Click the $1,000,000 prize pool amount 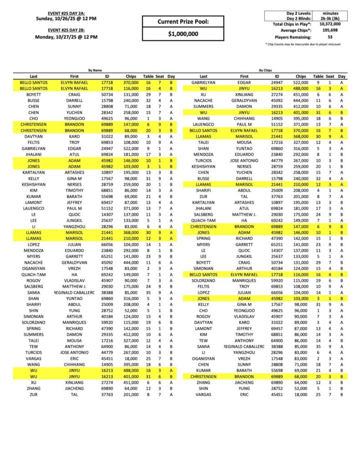[x=183, y=34]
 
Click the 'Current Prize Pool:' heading [x=183, y=21]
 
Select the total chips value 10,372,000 [x=330, y=24]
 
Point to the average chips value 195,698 [x=330, y=30]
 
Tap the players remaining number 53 [x=330, y=37]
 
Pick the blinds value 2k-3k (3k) [x=330, y=19]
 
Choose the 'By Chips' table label [x=265, y=71]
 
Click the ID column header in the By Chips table [x=276, y=76]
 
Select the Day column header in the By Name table [x=171, y=76]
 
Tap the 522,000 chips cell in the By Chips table [x=301, y=82]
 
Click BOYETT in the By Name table [x=33, y=94]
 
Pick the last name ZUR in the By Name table [x=33, y=395]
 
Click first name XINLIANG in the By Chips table [x=245, y=94]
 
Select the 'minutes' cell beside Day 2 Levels [x=330, y=14]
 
